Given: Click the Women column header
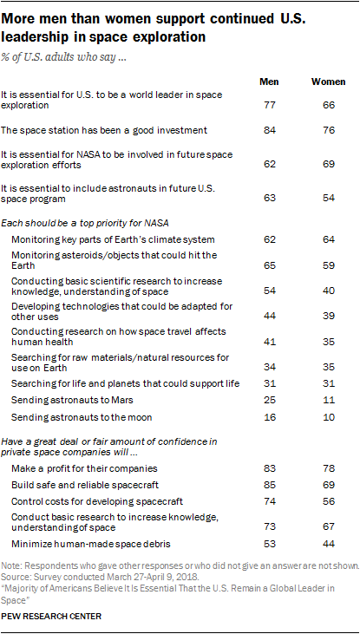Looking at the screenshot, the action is coord(329,82).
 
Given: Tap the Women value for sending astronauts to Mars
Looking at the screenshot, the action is coord(329,401).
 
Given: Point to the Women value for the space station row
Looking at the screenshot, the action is coord(329,130).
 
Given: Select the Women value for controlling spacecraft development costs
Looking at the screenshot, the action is coord(329,502).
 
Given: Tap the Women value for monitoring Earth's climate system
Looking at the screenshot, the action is coord(329,239).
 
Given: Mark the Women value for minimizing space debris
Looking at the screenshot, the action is coord(329,544).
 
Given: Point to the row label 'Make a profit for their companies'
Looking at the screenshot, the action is coord(84,468).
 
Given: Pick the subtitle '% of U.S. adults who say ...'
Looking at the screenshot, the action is coord(65,57).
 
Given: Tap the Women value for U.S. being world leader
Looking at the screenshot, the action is coord(329,106).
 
